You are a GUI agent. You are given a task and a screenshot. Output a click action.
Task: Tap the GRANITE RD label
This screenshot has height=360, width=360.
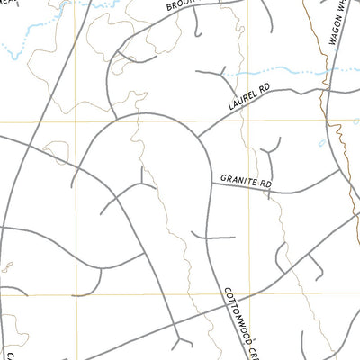(242, 182)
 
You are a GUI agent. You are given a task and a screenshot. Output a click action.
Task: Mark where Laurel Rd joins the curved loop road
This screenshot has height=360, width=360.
(197, 135)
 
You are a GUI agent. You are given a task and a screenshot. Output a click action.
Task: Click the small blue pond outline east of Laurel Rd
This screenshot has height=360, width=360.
(321, 143)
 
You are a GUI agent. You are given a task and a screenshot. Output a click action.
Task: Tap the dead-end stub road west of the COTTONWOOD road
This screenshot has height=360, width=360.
(212, 238)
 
